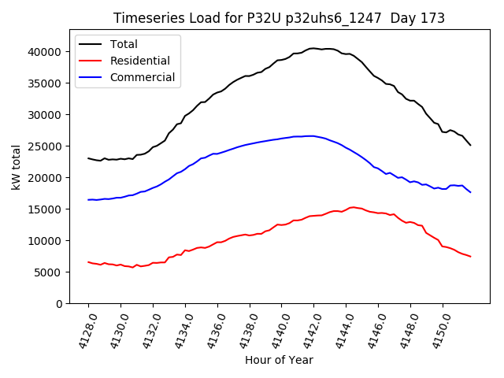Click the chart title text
pos(279,18)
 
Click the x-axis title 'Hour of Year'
pos(279,360)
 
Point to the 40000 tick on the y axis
pos(46,52)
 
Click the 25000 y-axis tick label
pos(46,146)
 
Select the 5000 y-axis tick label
pos(50,272)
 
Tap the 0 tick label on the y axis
pos(59,304)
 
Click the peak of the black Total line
pos(313,48)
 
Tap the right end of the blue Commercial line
pos(470,192)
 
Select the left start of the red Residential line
pos(88,262)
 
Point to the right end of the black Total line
pos(470,145)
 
